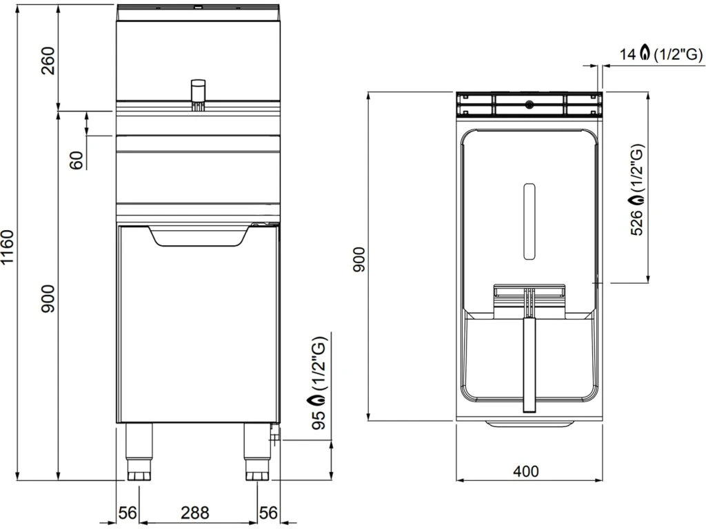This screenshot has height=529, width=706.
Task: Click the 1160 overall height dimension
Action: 8,253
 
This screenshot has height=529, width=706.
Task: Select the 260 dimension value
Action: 48,61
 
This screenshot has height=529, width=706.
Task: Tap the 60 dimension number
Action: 77,160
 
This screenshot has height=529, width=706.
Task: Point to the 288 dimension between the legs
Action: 195,512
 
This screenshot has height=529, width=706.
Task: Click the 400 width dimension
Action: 526,471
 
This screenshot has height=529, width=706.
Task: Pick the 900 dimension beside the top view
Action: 359,260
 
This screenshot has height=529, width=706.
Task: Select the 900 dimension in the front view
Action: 48,299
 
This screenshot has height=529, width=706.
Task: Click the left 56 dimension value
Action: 128,512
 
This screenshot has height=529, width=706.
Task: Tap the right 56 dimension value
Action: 268,512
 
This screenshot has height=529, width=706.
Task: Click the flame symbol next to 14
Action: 645,52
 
